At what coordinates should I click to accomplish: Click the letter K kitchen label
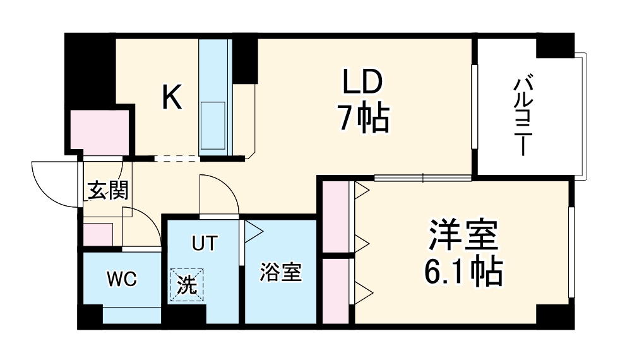click(172, 97)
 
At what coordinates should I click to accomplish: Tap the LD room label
click(362, 82)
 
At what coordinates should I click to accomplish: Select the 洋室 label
click(464, 237)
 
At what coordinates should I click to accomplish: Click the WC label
click(121, 279)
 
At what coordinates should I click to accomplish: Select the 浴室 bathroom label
click(281, 273)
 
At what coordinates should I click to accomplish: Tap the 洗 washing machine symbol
click(187, 284)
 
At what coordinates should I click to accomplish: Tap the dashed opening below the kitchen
click(177, 159)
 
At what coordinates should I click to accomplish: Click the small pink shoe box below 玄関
click(98, 234)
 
